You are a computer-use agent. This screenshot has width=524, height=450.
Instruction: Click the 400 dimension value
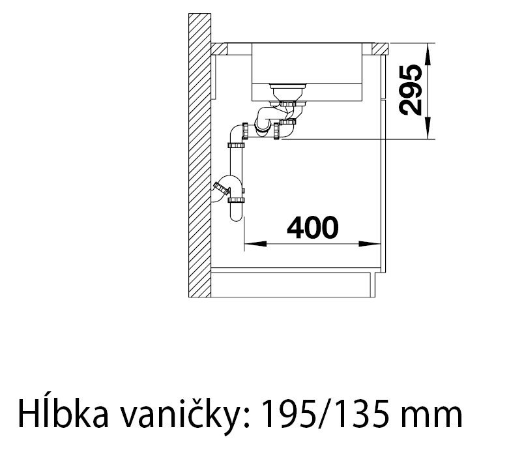313,228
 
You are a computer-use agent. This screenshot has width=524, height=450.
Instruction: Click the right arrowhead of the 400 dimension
373,245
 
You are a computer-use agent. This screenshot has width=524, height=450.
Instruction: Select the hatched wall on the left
198,157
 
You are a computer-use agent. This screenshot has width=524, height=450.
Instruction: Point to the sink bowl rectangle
306,70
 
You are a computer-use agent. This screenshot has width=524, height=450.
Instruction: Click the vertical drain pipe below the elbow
236,166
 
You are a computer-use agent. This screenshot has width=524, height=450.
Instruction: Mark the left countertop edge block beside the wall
219,50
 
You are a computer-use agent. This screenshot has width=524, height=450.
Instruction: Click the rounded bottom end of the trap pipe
236,216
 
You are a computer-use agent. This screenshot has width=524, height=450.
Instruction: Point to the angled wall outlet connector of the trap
220,189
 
